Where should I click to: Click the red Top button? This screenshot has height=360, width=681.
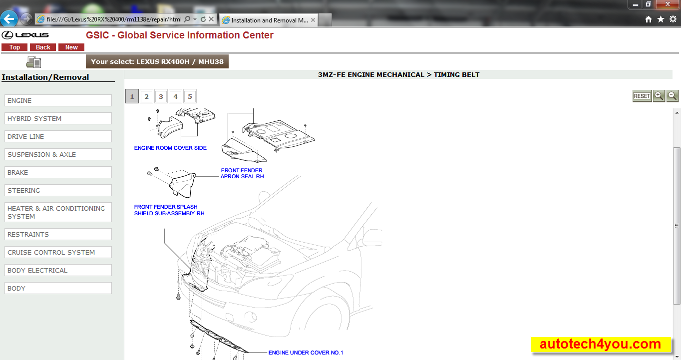coord(14,47)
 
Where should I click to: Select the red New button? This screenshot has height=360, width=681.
coord(71,47)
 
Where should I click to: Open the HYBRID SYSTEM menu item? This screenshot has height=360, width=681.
coord(58,118)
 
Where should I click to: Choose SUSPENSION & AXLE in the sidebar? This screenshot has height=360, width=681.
coord(58,154)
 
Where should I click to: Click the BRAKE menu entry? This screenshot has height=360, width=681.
coord(58,172)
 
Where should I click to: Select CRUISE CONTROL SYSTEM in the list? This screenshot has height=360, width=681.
coord(58,252)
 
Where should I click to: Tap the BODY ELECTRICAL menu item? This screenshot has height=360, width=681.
coord(58,270)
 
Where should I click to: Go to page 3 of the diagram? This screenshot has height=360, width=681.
coord(161,96)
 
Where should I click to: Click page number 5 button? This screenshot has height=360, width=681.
coord(190,96)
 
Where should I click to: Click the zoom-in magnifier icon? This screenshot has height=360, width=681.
coord(659,96)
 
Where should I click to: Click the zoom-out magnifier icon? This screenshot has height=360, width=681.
coord(672,96)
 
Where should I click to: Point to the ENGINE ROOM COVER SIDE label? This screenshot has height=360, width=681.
coord(170,148)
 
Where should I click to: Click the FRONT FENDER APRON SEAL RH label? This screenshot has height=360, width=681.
coord(242,173)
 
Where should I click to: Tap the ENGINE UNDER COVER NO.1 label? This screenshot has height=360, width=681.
coord(306,353)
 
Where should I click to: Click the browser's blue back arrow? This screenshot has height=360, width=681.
coord(9,19)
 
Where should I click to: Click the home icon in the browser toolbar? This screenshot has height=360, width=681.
coord(649,19)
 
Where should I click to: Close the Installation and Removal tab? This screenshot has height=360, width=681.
coord(313,20)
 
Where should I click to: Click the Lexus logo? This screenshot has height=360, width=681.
coord(25,35)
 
